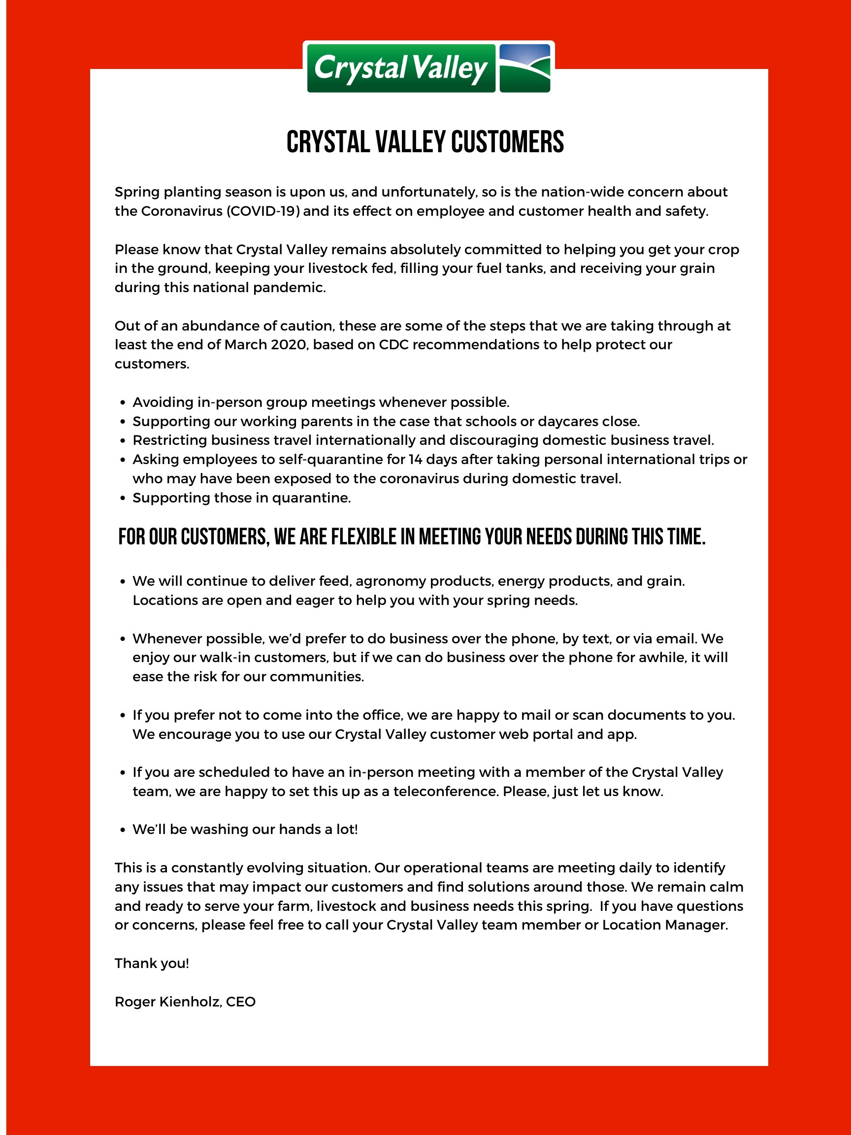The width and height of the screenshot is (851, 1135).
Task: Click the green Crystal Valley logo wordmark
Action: click(x=401, y=68)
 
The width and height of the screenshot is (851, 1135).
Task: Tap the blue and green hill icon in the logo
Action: click(x=524, y=68)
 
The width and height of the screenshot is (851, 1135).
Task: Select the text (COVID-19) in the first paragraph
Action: click(x=262, y=211)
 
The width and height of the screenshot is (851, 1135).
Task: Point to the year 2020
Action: click(x=289, y=345)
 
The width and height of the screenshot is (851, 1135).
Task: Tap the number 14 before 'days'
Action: click(x=416, y=459)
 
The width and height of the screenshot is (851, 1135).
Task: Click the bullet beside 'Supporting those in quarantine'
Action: click(x=122, y=498)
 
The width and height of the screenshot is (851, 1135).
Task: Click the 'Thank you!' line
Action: click(x=152, y=963)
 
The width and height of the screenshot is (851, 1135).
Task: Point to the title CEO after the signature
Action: click(x=241, y=1001)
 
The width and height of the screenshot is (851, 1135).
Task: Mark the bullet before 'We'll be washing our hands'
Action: click(x=122, y=830)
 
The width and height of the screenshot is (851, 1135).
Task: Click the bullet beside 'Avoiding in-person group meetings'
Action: click(x=122, y=402)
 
